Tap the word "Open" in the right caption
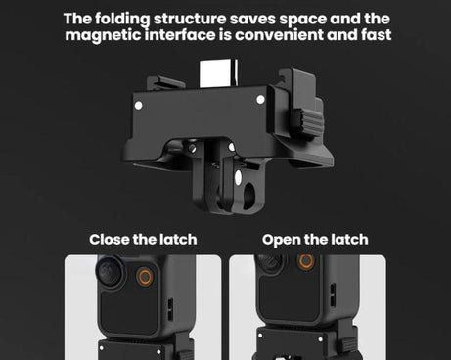[x=282, y=239]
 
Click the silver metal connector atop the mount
[x=224, y=73]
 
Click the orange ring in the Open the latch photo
[x=306, y=262]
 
